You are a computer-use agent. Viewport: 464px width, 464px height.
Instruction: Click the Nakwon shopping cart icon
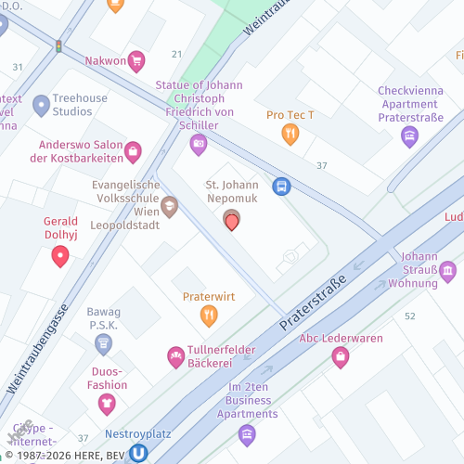[136, 62]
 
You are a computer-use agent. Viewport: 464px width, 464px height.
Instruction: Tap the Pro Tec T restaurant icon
[290, 135]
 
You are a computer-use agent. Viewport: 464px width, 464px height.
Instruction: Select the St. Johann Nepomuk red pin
[232, 221]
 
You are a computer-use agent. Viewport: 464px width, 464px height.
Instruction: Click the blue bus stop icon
[280, 187]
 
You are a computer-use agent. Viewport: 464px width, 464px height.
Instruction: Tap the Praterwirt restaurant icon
[209, 316]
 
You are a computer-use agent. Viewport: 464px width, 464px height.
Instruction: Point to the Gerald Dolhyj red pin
[60, 255]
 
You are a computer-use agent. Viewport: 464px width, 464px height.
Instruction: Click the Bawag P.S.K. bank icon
[103, 344]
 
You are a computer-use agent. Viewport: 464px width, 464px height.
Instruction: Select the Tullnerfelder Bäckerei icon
[175, 356]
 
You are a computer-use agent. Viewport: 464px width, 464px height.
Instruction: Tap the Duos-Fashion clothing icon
[107, 404]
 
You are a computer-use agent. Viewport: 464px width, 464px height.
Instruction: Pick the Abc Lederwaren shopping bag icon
[341, 356]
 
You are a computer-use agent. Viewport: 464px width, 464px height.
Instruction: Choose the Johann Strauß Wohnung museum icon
[448, 272]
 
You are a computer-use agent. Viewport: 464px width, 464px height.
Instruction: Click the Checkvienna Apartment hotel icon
[409, 137]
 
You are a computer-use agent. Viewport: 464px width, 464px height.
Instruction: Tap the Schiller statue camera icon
[198, 144]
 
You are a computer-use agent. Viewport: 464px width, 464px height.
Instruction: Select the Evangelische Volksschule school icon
[169, 207]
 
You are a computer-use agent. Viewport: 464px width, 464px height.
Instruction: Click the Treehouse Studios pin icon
[41, 105]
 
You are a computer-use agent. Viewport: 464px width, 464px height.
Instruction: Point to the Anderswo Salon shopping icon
[133, 151]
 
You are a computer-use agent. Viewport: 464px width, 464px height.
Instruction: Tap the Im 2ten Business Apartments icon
[246, 433]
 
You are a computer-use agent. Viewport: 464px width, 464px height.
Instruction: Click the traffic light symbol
[59, 46]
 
